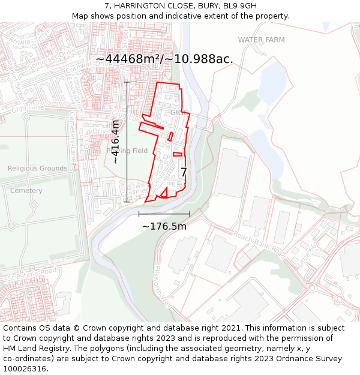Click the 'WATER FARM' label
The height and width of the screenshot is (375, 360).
coord(261,40)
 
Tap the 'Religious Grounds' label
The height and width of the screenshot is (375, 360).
coord(37,169)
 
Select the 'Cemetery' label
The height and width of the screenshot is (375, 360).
coord(26,191)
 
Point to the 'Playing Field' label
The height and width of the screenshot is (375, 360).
coord(127,151)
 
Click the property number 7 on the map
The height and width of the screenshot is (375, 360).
coord(184,172)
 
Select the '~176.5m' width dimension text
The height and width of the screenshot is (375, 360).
coord(164,226)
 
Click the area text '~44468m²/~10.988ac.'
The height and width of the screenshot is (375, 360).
coord(164,59)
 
